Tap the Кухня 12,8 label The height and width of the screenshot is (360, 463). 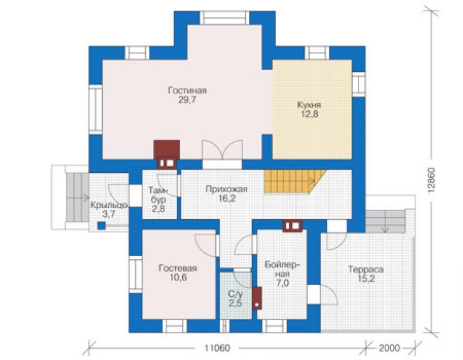[309, 110]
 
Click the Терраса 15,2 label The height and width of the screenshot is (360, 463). [366, 274]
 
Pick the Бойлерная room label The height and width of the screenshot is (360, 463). [282, 274]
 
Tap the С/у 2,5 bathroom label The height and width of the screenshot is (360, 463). [235, 299]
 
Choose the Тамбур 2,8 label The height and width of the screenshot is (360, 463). [158, 199]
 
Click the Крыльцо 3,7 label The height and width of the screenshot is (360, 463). [109, 209]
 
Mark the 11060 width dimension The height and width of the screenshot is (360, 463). [217, 348]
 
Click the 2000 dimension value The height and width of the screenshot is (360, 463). [389, 348]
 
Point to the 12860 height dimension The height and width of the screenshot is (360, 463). [432, 180]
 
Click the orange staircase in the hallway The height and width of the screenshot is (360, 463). [295, 182]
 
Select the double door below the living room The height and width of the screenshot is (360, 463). [222, 150]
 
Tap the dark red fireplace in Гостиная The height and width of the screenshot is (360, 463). [167, 154]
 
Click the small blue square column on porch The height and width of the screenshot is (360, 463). [101, 226]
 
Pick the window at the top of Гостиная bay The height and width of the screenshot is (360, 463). [225, 18]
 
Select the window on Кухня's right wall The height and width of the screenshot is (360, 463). [359, 84]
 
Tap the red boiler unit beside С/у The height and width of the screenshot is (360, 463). [257, 298]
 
